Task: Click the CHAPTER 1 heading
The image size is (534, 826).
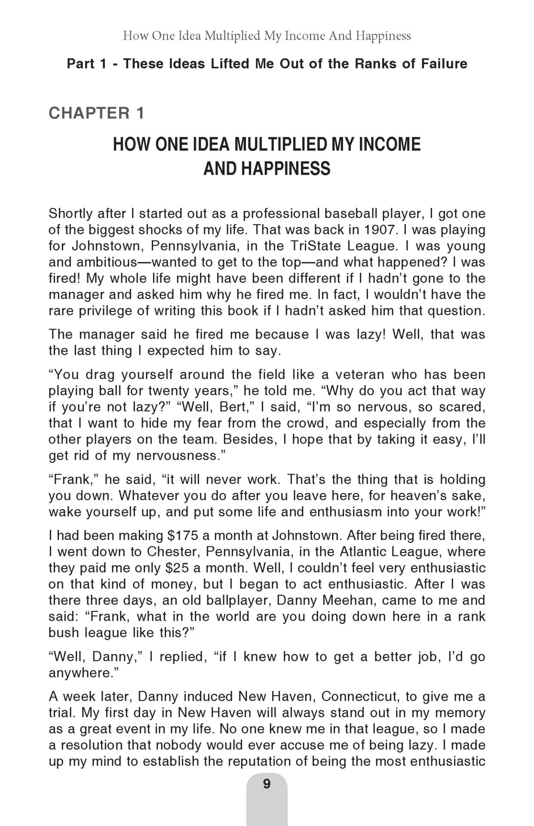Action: pyautogui.click(x=96, y=113)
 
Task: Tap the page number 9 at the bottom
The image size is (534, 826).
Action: pyautogui.click(x=267, y=784)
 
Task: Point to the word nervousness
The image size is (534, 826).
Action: pyautogui.click(x=178, y=456)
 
